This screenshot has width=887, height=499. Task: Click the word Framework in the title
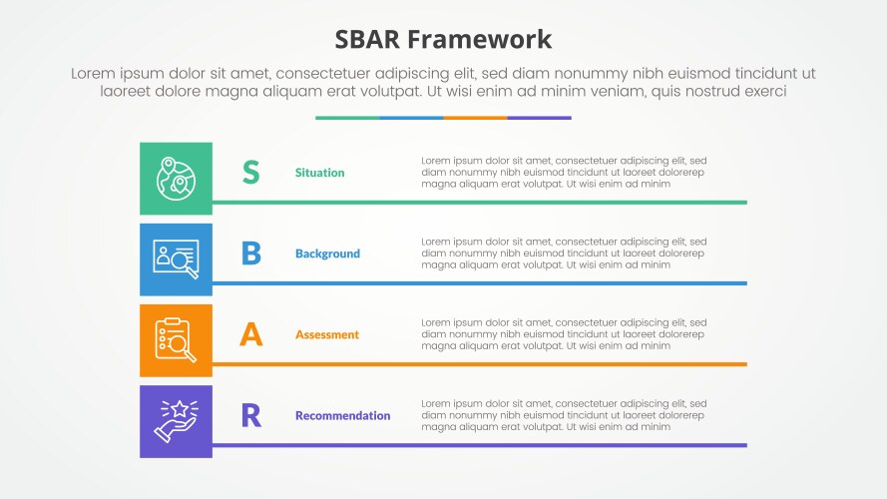(x=479, y=40)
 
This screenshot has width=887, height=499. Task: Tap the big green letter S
(x=251, y=172)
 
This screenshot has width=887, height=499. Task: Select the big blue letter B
(x=251, y=252)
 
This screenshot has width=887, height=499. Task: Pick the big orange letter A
(x=251, y=333)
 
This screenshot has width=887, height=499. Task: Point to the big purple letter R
(x=251, y=415)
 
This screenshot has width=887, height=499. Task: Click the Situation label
(x=319, y=173)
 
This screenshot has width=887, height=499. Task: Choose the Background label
(x=327, y=253)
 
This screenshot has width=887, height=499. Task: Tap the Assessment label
(x=327, y=334)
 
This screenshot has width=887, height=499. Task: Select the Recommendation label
(x=343, y=416)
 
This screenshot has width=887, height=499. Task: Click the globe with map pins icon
(x=176, y=179)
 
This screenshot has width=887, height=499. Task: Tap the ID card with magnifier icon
(x=176, y=259)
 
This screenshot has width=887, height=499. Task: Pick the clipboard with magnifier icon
(x=176, y=340)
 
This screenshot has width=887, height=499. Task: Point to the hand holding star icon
(x=176, y=421)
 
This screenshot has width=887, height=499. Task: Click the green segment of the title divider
(x=347, y=118)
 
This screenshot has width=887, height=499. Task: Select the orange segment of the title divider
(x=475, y=118)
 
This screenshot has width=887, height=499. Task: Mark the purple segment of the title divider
(x=540, y=118)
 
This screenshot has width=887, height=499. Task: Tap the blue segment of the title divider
(x=411, y=118)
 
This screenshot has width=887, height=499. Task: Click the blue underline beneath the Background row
(x=480, y=283)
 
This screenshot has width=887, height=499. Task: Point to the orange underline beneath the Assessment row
(x=480, y=364)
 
